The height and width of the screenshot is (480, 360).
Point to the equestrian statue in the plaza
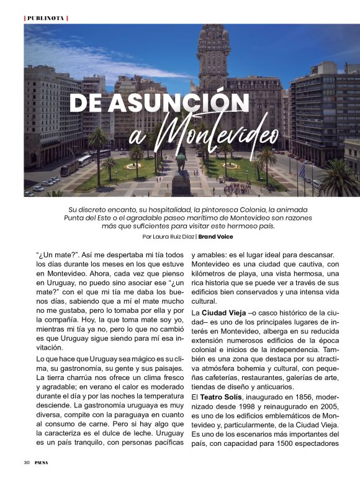click(x=181, y=163)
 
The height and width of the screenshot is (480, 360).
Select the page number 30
click(x=27, y=462)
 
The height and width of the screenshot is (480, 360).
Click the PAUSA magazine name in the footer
click(x=42, y=462)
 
